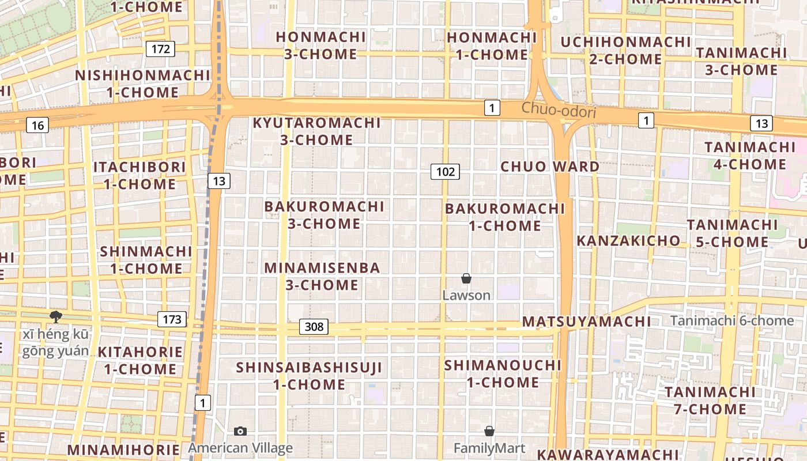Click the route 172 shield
click(x=160, y=49)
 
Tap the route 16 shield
click(x=37, y=125)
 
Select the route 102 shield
click(x=445, y=171)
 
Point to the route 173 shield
click(x=172, y=319)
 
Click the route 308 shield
click(x=314, y=327)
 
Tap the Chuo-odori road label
click(x=559, y=109)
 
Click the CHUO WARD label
click(x=550, y=167)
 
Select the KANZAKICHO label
click(x=628, y=240)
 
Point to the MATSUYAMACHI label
click(x=586, y=322)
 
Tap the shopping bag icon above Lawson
click(x=466, y=279)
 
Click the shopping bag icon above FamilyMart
click(x=489, y=431)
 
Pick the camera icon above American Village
click(x=240, y=431)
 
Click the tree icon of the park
click(x=56, y=316)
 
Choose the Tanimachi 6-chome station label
click(x=732, y=321)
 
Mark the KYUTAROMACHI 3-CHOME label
click(x=316, y=131)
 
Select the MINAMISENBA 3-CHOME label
click(x=322, y=276)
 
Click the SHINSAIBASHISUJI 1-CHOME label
click(x=309, y=376)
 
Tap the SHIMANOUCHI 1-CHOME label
click(x=503, y=373)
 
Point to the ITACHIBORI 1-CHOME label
click(x=139, y=176)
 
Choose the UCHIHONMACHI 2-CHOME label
click(x=625, y=51)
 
